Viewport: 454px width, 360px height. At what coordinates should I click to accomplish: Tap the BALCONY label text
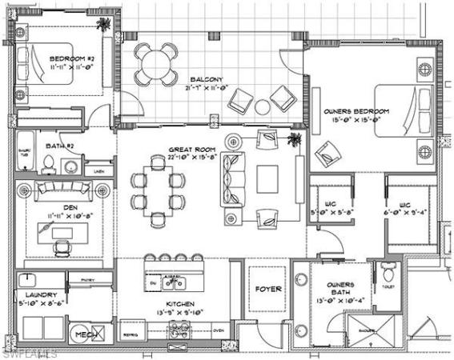tap(206, 79)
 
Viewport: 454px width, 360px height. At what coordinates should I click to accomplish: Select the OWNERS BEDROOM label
tap(356, 110)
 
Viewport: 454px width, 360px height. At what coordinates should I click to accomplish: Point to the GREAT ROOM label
tap(189, 150)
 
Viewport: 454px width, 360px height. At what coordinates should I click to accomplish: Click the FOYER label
tap(267, 289)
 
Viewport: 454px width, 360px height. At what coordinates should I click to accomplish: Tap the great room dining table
tap(158, 191)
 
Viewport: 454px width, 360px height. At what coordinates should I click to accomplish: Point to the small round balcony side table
tap(262, 106)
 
